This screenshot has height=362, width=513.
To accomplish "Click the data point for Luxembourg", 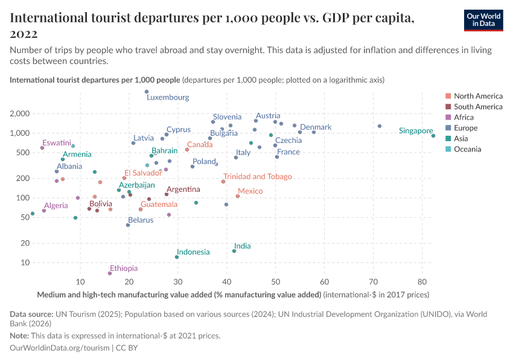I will [147, 92].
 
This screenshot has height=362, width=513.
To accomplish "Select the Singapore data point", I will [433, 136].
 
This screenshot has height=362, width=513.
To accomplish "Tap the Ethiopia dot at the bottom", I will [109, 273].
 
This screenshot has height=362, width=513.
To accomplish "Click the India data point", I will [234, 251].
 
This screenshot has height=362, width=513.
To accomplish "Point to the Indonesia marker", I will [177, 257].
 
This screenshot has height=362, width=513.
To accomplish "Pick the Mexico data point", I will [238, 196].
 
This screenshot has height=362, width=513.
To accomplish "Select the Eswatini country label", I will [57, 143].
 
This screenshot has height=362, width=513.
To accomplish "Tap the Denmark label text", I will [316, 127].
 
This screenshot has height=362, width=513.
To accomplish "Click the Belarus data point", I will [128, 225].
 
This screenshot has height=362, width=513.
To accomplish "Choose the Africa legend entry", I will [464, 117].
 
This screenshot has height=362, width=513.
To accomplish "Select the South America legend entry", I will [478, 107].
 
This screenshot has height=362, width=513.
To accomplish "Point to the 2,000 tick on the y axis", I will [21, 113].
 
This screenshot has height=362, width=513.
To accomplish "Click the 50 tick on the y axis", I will [25, 217].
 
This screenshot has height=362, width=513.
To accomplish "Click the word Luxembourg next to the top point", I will [168, 97].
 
